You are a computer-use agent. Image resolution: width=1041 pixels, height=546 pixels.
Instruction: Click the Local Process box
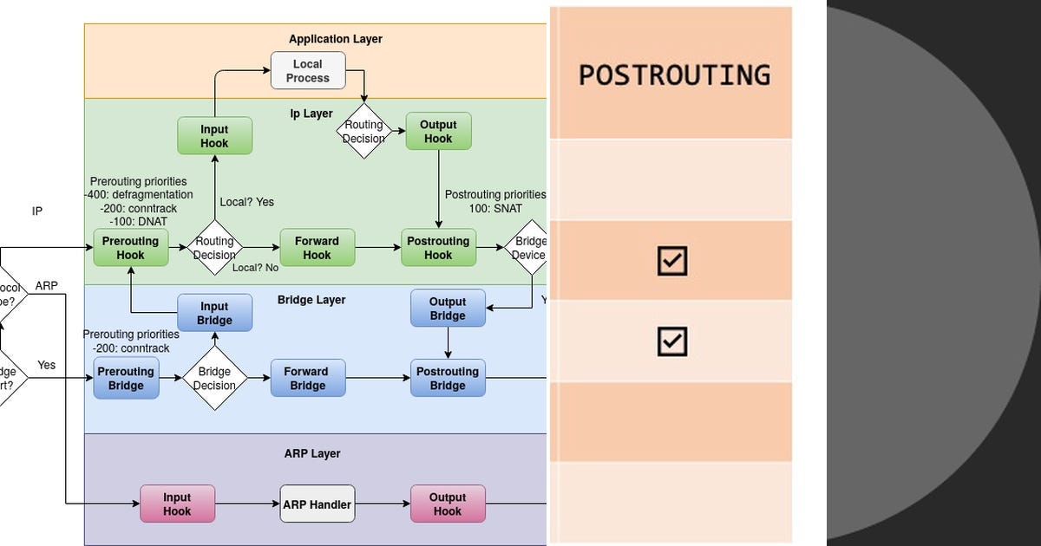pos(308,70)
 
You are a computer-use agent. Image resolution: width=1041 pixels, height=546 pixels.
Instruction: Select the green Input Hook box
pos(214,136)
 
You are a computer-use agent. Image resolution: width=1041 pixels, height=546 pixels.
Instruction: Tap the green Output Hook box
pos(438,131)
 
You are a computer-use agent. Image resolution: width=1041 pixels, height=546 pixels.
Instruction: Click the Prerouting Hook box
pos(130,248)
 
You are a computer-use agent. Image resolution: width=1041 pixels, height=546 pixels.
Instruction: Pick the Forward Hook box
pos(317,248)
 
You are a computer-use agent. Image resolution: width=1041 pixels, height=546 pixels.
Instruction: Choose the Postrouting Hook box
pos(438,248)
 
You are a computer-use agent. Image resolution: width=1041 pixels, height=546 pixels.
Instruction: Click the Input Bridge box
pos(214,313)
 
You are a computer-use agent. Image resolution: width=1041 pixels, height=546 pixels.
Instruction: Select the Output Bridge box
pos(448,309)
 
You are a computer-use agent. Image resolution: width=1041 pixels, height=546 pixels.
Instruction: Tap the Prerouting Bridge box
pos(126,378)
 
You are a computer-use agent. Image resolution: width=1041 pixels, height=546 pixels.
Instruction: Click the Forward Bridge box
pos(307,378)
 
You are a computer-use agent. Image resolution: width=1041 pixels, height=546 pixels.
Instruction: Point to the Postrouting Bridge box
pos(448,378)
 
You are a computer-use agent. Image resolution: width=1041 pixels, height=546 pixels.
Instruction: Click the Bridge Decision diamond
pos(214,378)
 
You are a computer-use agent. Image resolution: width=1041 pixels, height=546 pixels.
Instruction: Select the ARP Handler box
pos(317,504)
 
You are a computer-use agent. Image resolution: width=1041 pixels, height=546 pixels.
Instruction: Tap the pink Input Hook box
pos(177,504)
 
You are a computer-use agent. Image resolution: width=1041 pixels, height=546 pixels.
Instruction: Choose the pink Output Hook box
pos(448,504)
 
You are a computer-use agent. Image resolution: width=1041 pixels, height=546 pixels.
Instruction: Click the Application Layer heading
pos(335,39)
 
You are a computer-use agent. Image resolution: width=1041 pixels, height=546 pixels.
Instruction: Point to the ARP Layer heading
pos(312,453)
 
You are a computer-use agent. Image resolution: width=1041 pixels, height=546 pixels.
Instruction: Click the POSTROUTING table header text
pos(674,75)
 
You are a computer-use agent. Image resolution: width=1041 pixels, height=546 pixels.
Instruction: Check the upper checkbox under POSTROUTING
pos(672,260)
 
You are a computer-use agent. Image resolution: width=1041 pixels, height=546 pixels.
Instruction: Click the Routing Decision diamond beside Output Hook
pos(363,131)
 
